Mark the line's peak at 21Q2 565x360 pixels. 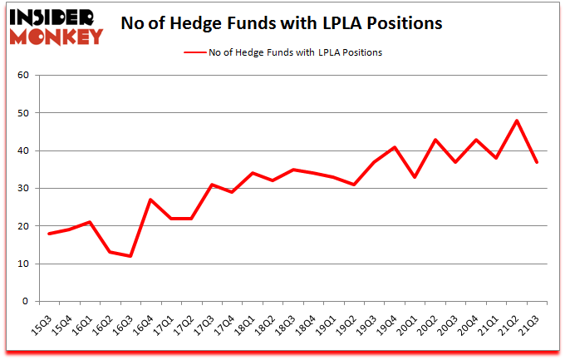[517, 121]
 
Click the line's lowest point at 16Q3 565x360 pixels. [130, 256]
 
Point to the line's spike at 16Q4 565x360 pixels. [150, 200]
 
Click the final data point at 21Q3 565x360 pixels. [538, 162]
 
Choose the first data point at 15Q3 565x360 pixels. [49, 234]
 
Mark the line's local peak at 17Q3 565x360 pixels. [212, 185]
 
